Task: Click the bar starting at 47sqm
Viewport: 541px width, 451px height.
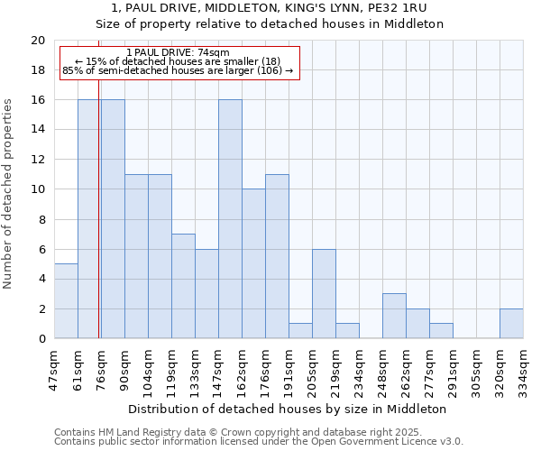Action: click(66, 301)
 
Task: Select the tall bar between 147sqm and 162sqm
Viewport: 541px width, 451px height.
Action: click(230, 219)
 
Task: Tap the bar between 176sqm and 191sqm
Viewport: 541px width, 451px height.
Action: click(277, 256)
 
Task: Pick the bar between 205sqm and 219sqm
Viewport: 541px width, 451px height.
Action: click(324, 294)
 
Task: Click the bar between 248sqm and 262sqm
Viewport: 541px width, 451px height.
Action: click(394, 316)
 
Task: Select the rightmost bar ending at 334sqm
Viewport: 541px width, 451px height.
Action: click(511, 324)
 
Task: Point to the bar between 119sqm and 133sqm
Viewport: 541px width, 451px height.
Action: click(183, 286)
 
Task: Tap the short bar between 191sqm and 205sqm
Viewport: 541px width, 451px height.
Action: click(300, 331)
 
